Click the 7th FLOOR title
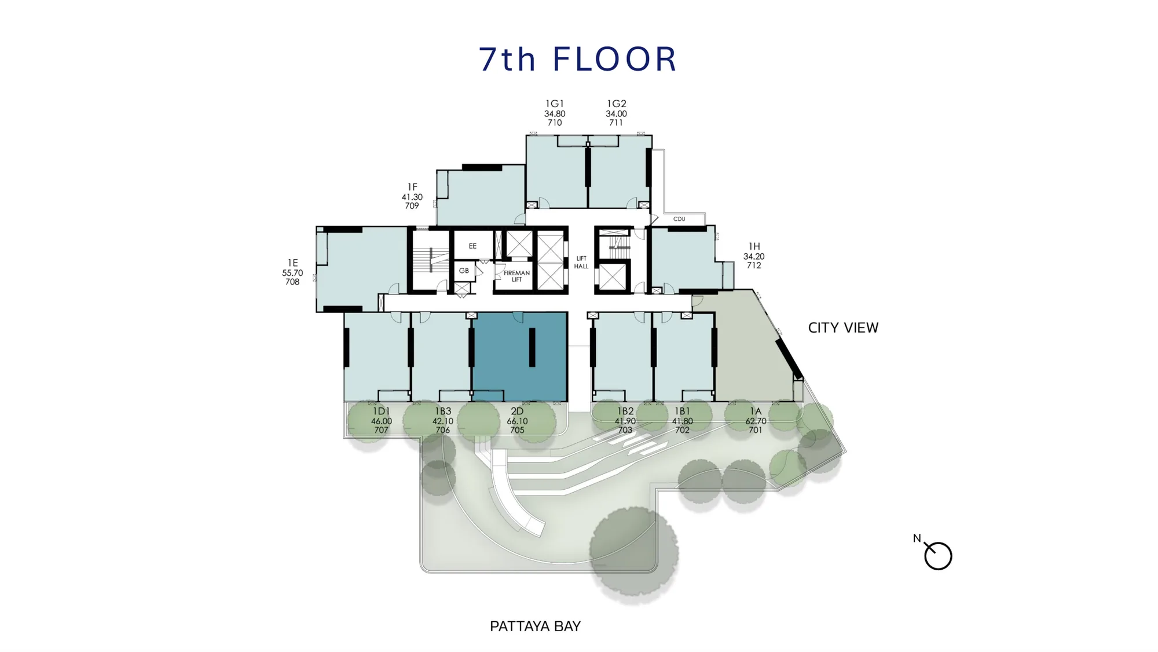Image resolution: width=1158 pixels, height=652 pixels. coord(578,59)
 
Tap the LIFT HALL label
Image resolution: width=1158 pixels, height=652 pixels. coord(581,263)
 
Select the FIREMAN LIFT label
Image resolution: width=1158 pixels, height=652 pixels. coord(516,276)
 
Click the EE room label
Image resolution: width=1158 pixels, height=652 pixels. coord(472,246)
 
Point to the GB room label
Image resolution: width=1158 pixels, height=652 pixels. coord(464,271)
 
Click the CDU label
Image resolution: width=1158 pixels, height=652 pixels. coord(679,219)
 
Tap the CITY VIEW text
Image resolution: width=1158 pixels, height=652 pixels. coord(843,328)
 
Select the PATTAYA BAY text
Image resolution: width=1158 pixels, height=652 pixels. coord(535,626)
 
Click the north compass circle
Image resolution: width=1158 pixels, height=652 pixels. coord(938,556)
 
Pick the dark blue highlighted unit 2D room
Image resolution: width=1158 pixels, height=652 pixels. coord(519,356)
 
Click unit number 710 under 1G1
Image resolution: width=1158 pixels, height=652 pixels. coord(555,123)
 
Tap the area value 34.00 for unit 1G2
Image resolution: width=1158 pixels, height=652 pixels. coord(616,114)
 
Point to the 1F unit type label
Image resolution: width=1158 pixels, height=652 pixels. coord(412,187)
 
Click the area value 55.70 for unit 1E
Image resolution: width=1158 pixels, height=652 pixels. coord(292,273)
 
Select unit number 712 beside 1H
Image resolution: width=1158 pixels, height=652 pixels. coord(754,265)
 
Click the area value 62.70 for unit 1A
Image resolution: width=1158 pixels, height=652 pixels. coord(756,421)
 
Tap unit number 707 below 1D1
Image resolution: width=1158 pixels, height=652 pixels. coord(381,430)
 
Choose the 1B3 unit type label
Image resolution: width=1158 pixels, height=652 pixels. coord(443,411)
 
